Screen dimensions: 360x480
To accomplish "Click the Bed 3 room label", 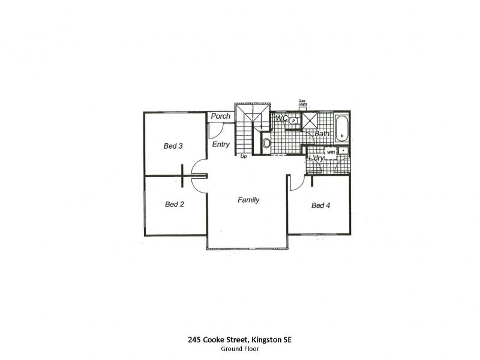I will click(173, 146).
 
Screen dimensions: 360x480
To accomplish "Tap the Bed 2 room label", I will click(174, 205).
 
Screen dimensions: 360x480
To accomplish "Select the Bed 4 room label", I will click(320, 206).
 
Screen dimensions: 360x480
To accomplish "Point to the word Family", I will click(248, 200).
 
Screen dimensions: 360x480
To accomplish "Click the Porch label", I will click(220, 116).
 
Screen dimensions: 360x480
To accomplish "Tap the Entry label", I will click(220, 145).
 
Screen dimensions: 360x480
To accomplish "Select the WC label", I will click(282, 119).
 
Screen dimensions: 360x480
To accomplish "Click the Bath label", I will click(322, 133).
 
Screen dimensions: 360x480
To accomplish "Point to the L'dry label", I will click(316, 159).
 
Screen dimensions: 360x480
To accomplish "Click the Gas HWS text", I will click(302, 104).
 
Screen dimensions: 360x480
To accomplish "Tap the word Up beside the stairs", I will click(244, 157).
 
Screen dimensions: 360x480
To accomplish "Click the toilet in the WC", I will click(293, 121).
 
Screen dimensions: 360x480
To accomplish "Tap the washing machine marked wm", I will click(330, 152).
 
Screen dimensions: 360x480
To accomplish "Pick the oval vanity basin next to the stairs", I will click(266, 143).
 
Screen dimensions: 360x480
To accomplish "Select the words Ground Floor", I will click(239, 349).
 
